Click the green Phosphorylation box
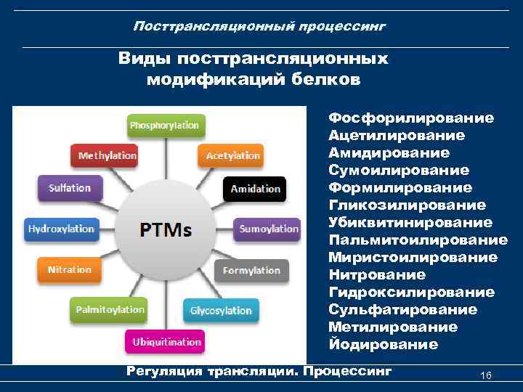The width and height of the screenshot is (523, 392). pos(164,126)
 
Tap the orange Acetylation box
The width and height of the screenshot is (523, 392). pos(232,155)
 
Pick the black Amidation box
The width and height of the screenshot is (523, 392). pos(255,189)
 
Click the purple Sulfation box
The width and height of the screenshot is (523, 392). pos(70,188)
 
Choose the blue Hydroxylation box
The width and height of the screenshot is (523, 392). pos(61,229)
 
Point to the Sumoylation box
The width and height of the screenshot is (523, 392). pos(269,229)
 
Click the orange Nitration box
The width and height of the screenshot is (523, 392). pos(70,269)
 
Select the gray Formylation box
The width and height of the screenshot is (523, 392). pos(251,270)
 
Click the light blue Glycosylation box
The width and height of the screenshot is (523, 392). pos(221,311)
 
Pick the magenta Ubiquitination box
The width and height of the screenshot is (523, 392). pos(166,341)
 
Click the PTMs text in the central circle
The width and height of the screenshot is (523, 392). pos(166,230)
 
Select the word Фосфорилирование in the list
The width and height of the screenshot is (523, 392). pos(411,118)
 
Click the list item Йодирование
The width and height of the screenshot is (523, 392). pos(383,344)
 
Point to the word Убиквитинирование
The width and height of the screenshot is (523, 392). pos(410,222)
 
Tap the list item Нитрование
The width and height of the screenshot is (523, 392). pos(377,274)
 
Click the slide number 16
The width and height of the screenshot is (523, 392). pos(486,375)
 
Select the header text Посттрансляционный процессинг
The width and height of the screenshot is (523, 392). pos(259,26)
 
